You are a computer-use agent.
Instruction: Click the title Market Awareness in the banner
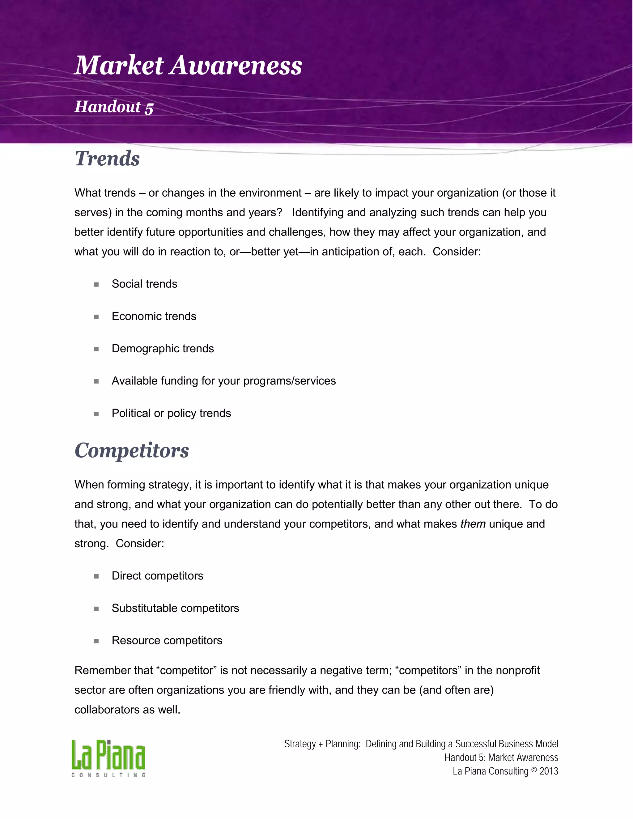coord(188,66)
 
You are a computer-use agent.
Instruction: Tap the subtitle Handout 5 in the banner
coord(114,107)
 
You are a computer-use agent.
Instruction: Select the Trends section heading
coord(107,159)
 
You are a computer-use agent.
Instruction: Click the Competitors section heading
coord(132,450)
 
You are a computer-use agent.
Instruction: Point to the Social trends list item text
coord(144,284)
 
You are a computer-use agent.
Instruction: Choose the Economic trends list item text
coord(154,316)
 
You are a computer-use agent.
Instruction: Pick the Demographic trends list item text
coord(163,348)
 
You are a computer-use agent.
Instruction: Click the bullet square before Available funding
coord(96,381)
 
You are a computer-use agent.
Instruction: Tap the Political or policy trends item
coord(171,413)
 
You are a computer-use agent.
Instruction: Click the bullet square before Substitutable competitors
coord(96,609)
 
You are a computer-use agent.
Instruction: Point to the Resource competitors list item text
coord(167,640)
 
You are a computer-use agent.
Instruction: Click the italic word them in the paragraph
coord(473,524)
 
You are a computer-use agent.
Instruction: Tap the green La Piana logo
coord(108,755)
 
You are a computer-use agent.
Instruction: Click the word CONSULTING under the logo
coord(108,775)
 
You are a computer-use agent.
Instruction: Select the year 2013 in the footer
coord(549,771)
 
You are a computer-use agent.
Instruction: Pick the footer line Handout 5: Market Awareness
coord(501,757)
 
